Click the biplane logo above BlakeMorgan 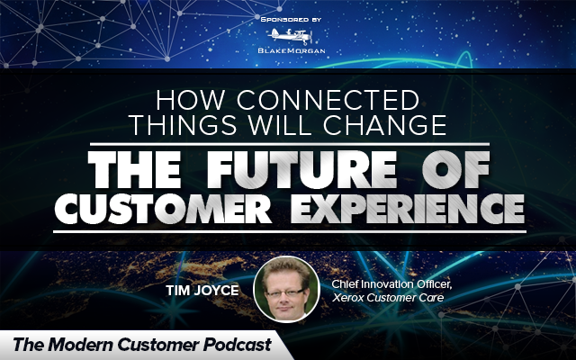coord(290,36)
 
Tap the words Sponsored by coord(291,20)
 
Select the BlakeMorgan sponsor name coord(292,50)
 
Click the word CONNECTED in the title coord(328,100)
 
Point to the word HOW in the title coord(190,100)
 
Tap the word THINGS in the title coord(184,125)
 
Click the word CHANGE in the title coord(385,125)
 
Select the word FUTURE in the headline coord(301,170)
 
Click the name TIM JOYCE coord(202,291)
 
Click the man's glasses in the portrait coord(286,292)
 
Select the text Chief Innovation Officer coord(391,284)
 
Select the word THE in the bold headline coord(134,170)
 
